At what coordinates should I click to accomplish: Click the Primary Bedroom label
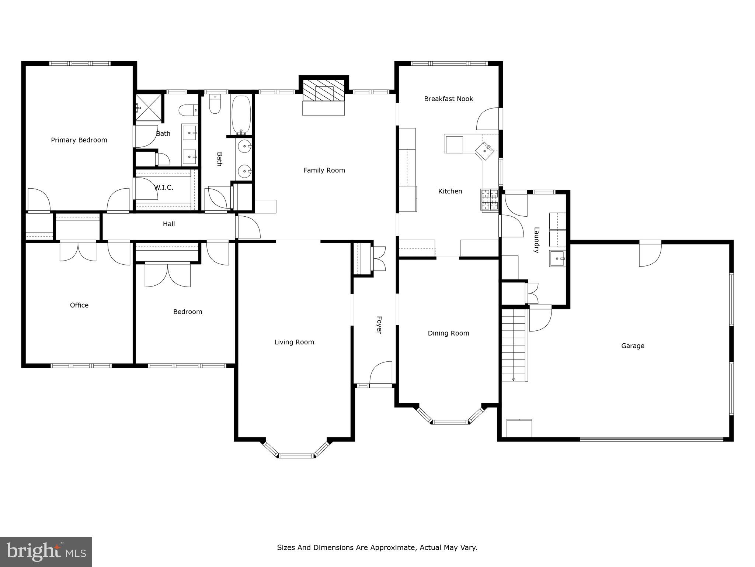coord(79,140)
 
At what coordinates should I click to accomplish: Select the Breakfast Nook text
coord(448,99)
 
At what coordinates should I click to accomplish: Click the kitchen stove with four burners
coord(490,200)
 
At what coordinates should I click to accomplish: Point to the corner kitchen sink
coord(485,151)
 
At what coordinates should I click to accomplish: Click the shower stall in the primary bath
coord(149,107)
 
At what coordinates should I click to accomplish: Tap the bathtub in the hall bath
coord(242,115)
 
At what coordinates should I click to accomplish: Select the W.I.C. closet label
coord(164,188)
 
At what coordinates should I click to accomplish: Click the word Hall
coord(169,224)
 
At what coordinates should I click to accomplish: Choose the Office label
coord(79,305)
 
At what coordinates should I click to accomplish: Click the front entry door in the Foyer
coord(381,374)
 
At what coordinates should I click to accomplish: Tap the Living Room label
coord(294,342)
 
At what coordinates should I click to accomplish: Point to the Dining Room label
coord(448,333)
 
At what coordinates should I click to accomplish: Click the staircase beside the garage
coord(513,345)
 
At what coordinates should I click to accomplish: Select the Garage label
coord(633,346)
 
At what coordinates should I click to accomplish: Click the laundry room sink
coord(557,258)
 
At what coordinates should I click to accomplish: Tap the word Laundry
coord(537,240)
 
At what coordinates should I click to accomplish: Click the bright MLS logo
coord(46,552)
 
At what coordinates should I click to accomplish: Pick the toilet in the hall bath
coord(215,105)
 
